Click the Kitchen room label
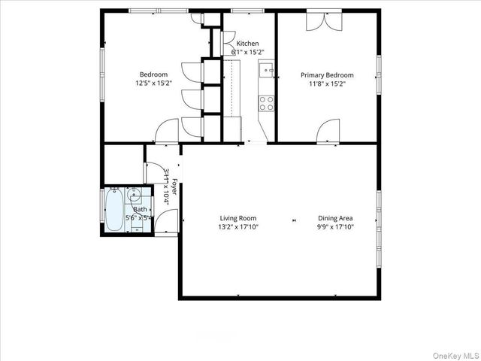[248, 42]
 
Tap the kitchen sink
[266, 71]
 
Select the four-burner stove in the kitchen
[266, 103]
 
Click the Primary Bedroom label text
[327, 75]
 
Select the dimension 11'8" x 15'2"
[327, 84]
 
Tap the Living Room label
[237, 217]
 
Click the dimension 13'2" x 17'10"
[237, 226]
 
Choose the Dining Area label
[334, 217]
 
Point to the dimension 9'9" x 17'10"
[334, 226]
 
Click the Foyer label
[174, 187]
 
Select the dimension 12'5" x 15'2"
[153, 83]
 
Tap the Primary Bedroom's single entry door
[328, 132]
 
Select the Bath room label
[141, 209]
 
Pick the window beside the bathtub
[102, 206]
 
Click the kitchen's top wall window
[242, 11]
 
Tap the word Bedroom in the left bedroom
[153, 74]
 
